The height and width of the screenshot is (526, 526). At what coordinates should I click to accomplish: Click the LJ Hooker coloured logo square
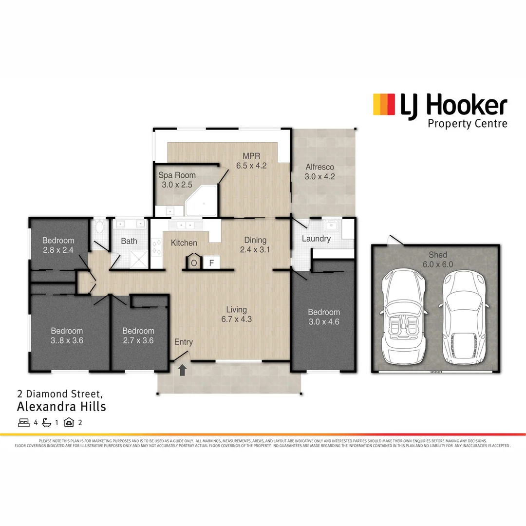pos(384,105)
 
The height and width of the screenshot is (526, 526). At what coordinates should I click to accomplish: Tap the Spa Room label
pos(177,180)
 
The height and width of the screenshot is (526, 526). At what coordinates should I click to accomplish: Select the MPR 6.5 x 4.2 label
pos(251,161)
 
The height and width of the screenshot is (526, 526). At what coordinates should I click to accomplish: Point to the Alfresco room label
pos(319,171)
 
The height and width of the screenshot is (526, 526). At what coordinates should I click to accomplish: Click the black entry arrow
pos(183,370)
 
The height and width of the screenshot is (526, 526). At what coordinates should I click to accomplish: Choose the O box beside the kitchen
pos(194,263)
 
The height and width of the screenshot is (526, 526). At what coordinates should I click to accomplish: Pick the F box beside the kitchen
pos(211,263)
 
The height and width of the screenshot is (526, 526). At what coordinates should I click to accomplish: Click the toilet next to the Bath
pos(100,226)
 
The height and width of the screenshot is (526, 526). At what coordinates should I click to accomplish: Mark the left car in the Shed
pos(404,317)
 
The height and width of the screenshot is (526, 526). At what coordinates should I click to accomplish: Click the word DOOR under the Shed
pos(436,372)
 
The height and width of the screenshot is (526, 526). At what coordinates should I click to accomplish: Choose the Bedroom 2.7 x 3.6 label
pos(138,336)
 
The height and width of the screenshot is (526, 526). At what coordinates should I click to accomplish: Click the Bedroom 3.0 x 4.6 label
pos(323,317)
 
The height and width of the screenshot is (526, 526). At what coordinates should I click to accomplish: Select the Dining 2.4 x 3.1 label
pos(255,244)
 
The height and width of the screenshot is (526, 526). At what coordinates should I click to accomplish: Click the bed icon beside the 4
pos(23,422)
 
